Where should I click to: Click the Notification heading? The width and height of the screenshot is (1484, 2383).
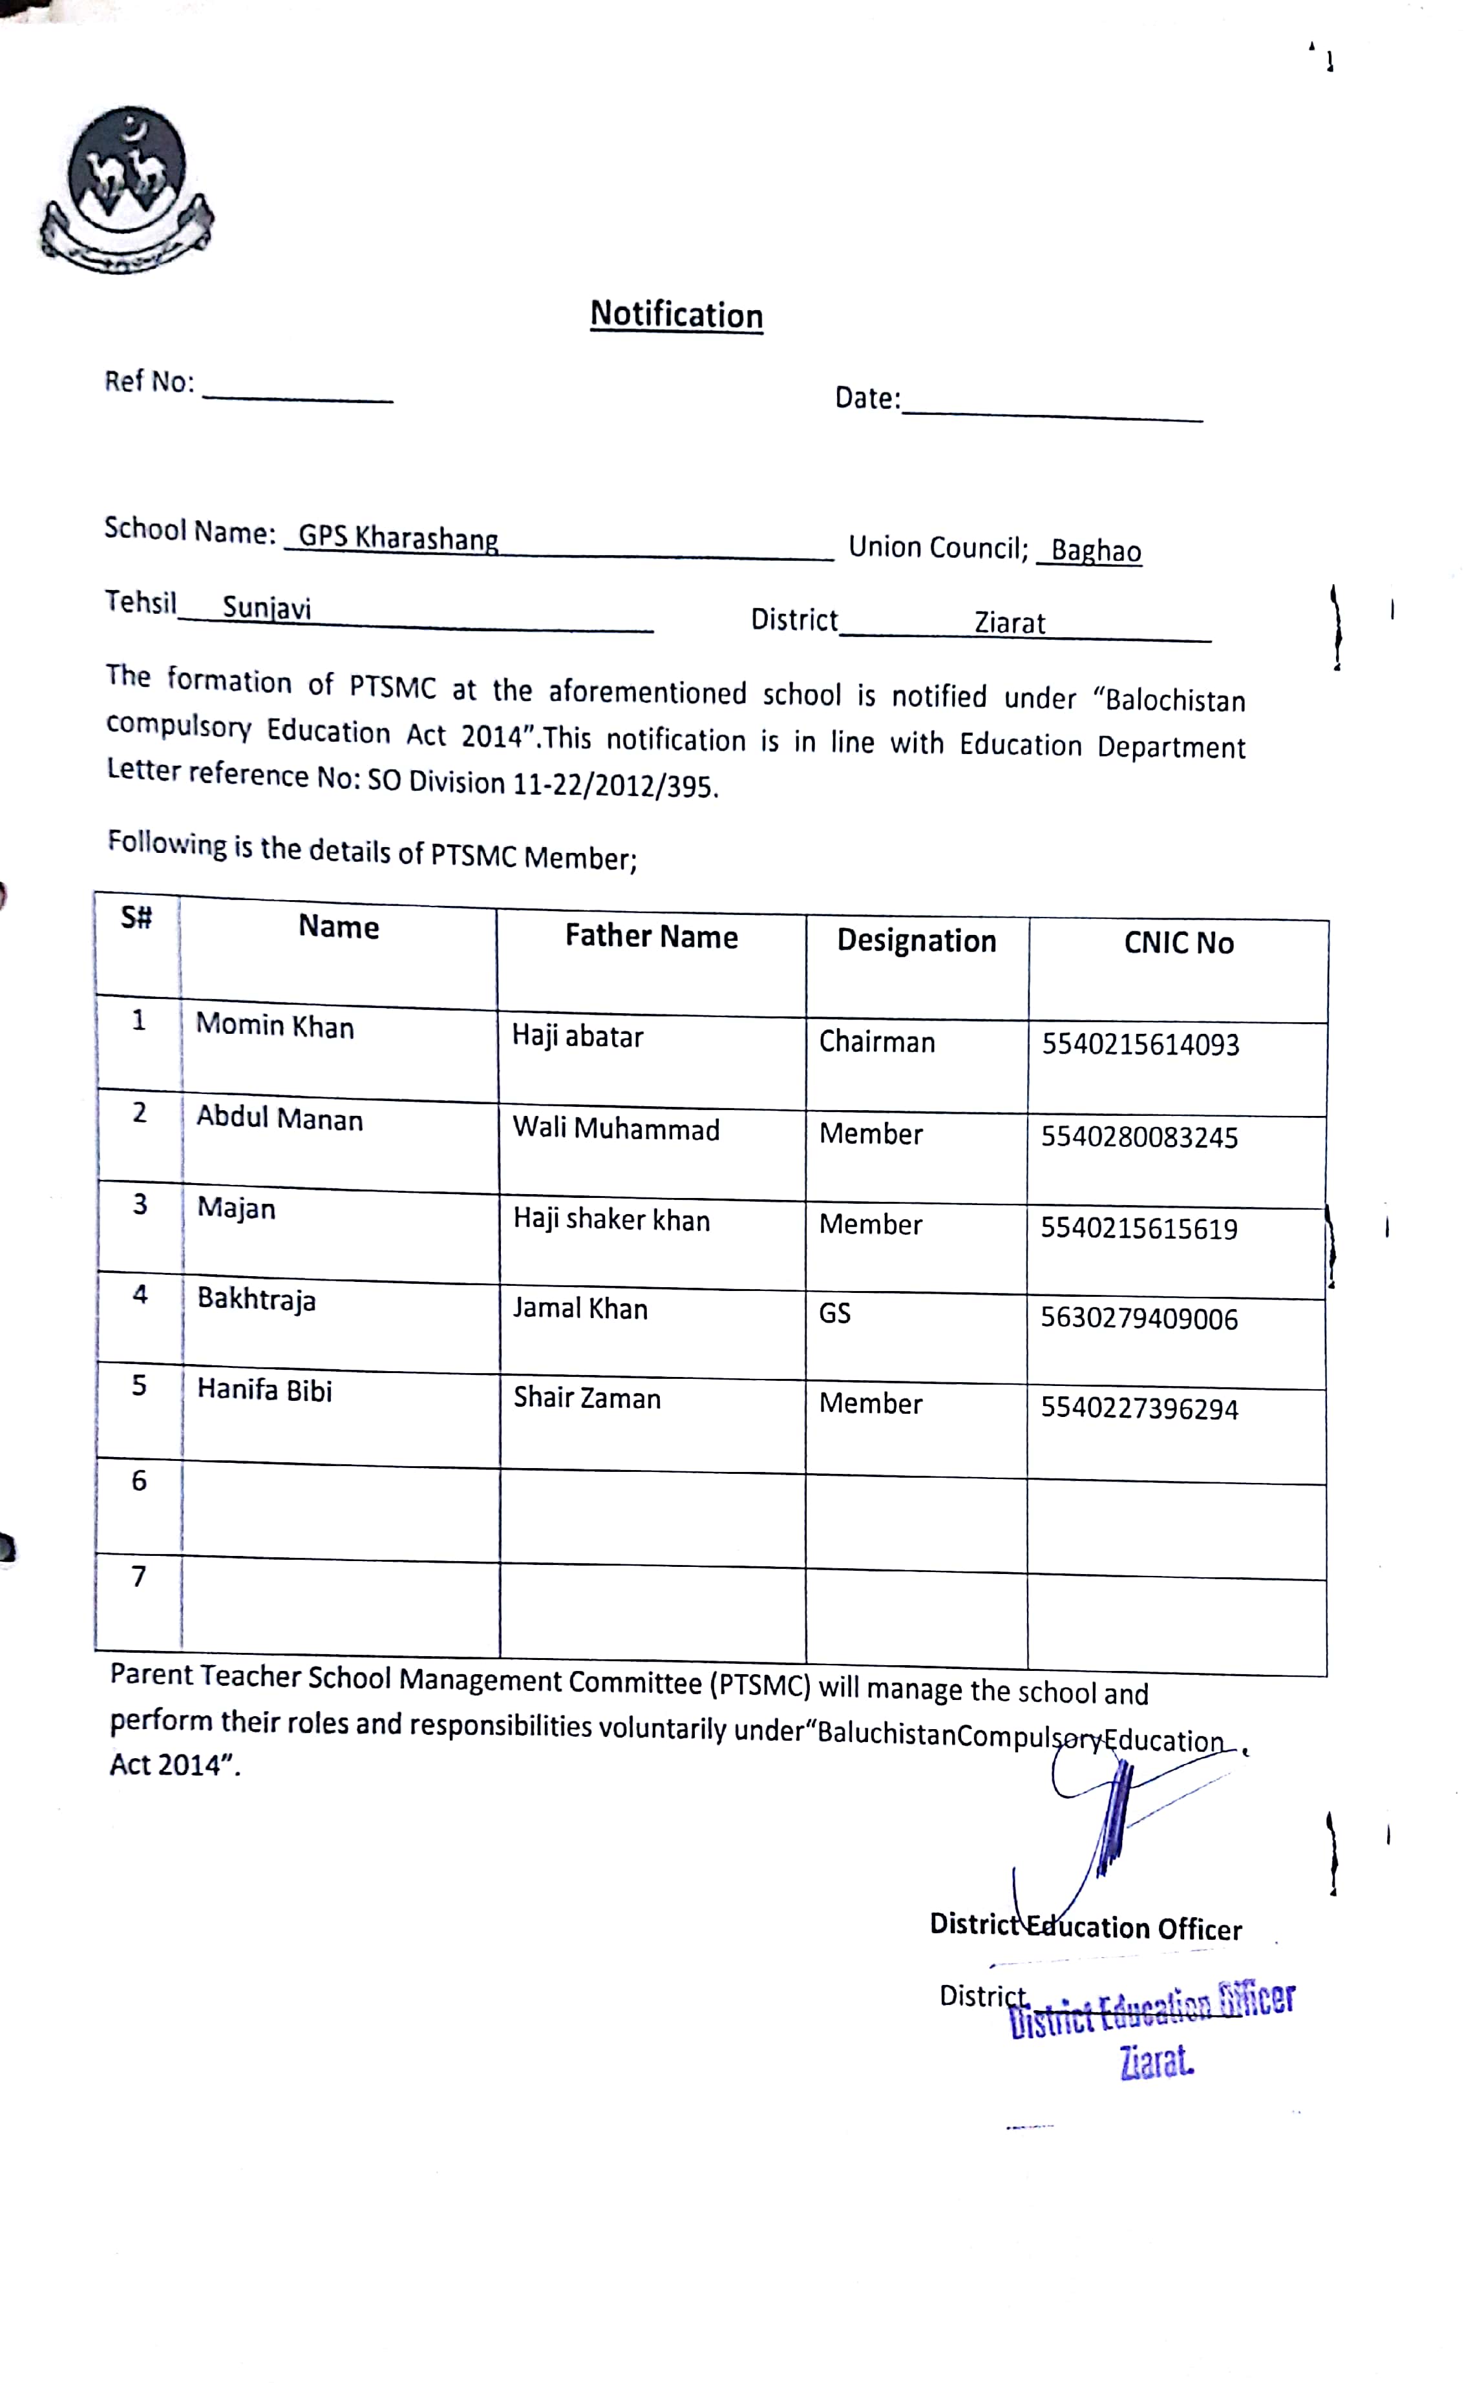coord(676,315)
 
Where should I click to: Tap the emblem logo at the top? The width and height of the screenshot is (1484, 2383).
coord(125,189)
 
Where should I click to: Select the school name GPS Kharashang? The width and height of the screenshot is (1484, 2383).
coord(397,538)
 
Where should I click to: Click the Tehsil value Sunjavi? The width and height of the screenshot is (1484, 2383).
coord(266,607)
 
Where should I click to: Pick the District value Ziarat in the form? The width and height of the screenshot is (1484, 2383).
coord(1009,623)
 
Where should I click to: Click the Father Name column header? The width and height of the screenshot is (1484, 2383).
coord(651,936)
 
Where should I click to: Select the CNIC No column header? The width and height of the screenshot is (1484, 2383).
coord(1178,943)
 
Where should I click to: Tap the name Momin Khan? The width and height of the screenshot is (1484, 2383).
coord(275,1025)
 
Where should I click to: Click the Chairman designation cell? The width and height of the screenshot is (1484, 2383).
coord(876,1041)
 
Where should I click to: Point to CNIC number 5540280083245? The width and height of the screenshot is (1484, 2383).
coord(1138,1137)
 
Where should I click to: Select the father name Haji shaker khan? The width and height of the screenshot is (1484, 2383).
coord(611,1219)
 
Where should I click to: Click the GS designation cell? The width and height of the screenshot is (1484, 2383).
coord(834,1313)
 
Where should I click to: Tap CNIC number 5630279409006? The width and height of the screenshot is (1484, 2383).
coord(1138,1319)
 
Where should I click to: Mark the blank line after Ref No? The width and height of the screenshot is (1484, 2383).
coord(297,394)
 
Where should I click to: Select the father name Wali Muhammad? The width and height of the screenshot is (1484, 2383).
coord(615,1129)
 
